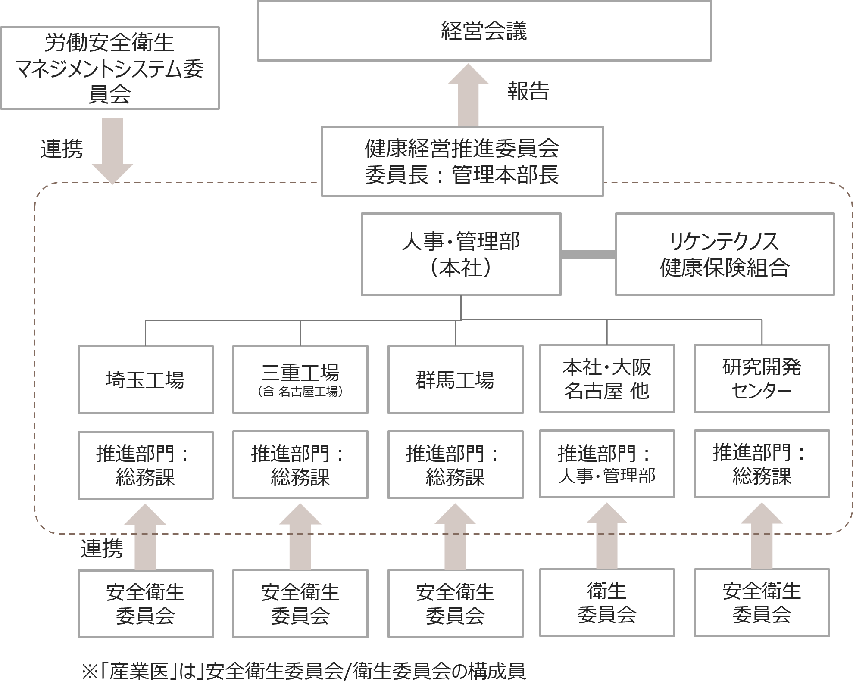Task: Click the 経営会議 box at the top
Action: pos(484,31)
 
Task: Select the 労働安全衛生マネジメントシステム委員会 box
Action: pos(110,68)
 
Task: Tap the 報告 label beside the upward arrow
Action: pos(528,91)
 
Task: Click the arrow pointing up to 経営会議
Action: pos(468,97)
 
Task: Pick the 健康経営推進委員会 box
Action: pos(462,161)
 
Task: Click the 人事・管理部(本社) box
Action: pos(461,254)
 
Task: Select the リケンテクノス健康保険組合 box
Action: pos(725,254)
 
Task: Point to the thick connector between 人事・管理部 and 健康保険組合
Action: pos(588,255)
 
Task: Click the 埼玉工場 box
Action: pos(145,380)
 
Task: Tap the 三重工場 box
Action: pos(300,380)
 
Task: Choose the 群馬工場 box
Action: pos(455,380)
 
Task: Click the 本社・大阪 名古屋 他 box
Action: pos(607,379)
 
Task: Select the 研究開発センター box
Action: pos(762,379)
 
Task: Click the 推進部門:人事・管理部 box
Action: pos(607,464)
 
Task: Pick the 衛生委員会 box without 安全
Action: pos(607,603)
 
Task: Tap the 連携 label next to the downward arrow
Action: pos(62,149)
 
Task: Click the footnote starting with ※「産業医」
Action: pos(303,671)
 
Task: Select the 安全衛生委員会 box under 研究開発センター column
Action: pos(762,603)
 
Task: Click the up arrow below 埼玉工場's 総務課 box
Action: pos(145,538)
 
